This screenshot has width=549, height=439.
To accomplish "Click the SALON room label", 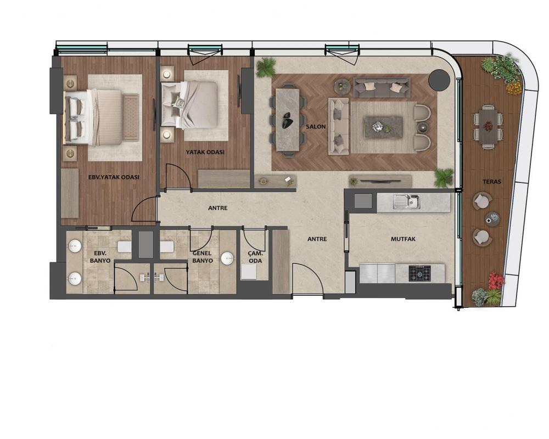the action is coord(316,127).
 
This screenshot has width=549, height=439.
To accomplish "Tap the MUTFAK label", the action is coord(403,239).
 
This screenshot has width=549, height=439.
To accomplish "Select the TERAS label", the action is coord(492,182).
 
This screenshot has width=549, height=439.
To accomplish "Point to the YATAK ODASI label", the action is coord(205,153).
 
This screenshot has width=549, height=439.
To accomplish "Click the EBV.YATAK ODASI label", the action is coord(114,177).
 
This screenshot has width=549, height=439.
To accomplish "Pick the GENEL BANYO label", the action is coord(203,257).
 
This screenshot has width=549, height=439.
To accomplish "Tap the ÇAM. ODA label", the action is coord(255,257).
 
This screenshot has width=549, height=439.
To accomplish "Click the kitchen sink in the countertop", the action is coord(406,202).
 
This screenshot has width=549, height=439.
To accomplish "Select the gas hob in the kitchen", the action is coord(420,273).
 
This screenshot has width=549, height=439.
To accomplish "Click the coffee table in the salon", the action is coord(383,127).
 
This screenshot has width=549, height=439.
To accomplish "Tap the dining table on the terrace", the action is coord(488,126).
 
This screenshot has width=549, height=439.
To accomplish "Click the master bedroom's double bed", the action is coord(93,117).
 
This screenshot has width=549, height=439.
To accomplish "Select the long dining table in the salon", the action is coord(288,120).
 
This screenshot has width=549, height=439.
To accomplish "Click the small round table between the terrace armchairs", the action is coord(492,219).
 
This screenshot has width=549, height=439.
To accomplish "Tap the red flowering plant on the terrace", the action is coord(496,280).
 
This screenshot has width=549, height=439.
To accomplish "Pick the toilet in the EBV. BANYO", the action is coord(125,246).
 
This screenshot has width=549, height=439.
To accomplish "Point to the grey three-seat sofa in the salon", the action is coord(382,87).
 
